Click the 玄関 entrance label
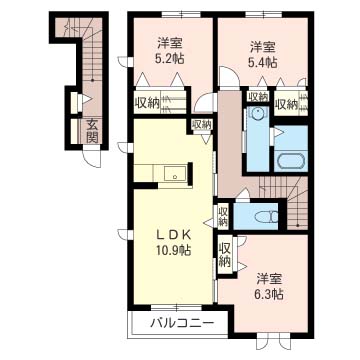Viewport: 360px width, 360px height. click(91, 131)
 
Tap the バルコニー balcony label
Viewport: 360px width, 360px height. click(176, 324)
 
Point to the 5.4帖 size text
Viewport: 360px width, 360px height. click(263, 62)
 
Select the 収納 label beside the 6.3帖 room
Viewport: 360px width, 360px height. click(225, 253)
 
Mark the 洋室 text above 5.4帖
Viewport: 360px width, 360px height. click(263, 45)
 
